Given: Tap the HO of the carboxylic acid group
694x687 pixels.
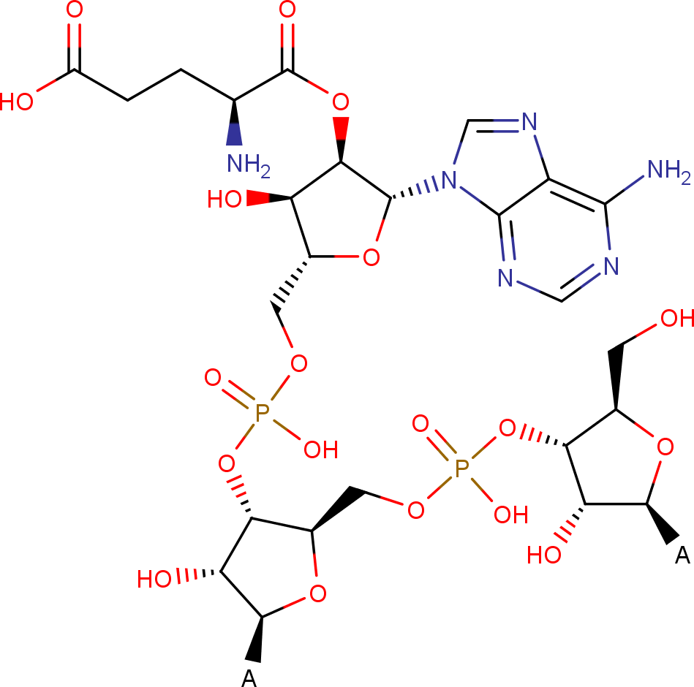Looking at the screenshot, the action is [x=16, y=102].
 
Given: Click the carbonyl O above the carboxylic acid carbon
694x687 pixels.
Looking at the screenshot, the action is [x=75, y=10].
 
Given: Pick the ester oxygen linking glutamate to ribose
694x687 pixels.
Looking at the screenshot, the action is [x=340, y=102].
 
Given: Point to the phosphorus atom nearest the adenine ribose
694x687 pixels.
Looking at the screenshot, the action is [x=262, y=413].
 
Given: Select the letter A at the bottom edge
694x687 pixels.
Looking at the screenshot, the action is [x=249, y=677].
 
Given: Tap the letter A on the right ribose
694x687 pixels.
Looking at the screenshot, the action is [x=682, y=555].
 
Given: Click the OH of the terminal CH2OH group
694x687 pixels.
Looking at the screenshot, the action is [x=676, y=319].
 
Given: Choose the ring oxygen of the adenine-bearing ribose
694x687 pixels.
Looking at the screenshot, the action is [x=371, y=257].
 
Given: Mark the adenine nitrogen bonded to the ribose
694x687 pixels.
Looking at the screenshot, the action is [x=449, y=181].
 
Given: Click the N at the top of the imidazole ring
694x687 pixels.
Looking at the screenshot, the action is [x=529, y=121].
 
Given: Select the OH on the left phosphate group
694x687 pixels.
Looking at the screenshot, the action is [x=321, y=450].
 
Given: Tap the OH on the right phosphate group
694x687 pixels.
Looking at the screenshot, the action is [x=510, y=515].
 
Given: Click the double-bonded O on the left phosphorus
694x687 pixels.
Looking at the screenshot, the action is [x=213, y=377].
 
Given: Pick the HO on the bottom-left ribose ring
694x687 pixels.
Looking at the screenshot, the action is [x=154, y=579].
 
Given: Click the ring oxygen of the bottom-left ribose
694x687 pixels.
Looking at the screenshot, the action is [x=318, y=593].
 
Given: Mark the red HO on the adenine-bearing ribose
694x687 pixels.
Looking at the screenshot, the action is [x=225, y=199].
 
